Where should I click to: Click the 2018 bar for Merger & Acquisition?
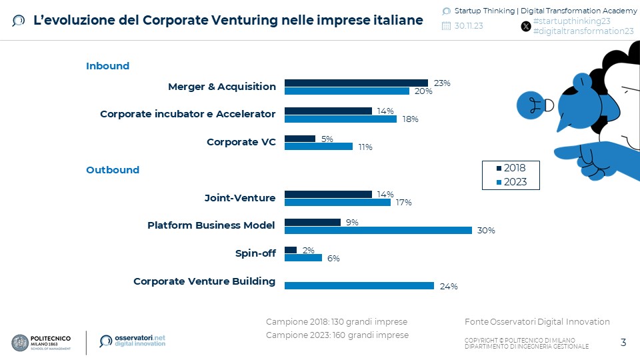coord(356,83)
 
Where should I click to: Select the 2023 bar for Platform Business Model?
coord(378,230)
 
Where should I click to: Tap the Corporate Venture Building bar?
coord(359,285)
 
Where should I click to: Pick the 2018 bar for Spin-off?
coord(291,250)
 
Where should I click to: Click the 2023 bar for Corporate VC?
coord(319,147)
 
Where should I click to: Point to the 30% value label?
coord(486,231)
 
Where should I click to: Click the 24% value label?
coord(449,287)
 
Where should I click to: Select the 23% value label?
coord(442,83)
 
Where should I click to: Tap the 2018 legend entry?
coord(510,168)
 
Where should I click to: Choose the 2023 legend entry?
coord(510,181)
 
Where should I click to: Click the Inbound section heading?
coord(107,66)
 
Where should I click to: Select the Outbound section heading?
coord(113,170)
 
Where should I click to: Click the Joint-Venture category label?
coord(239,198)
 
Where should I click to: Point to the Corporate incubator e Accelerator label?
coord(187,114)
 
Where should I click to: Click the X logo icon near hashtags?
coord(525,26)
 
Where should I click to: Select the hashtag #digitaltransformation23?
coord(583,31)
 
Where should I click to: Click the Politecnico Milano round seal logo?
coord(21,342)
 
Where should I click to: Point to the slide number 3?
coord(623,343)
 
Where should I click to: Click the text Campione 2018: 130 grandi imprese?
coord(337,322)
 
